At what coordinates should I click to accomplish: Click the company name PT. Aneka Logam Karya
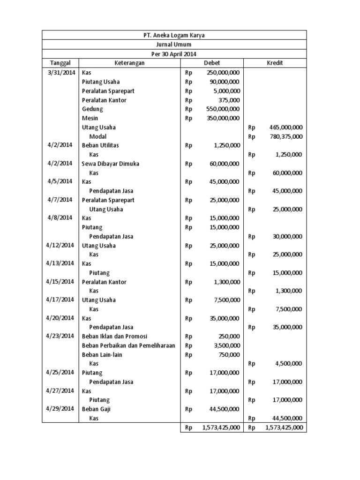(174, 36)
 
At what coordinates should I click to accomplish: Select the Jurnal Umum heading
(174, 45)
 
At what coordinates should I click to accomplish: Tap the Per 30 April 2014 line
(174, 54)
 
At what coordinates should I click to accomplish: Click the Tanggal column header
(60, 63)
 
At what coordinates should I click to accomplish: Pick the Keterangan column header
(129, 63)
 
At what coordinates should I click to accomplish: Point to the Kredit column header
(275, 63)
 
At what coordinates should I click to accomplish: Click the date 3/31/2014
(61, 73)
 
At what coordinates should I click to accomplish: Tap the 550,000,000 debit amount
(223, 109)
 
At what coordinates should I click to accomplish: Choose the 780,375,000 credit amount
(286, 136)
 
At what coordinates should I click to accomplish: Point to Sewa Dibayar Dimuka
(110, 164)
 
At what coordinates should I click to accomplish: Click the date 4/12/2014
(60, 245)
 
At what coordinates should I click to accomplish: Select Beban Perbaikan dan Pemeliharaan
(128, 345)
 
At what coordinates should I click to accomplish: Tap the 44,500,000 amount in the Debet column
(225, 409)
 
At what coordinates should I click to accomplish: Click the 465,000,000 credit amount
(286, 127)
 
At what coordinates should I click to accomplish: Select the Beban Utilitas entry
(100, 145)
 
